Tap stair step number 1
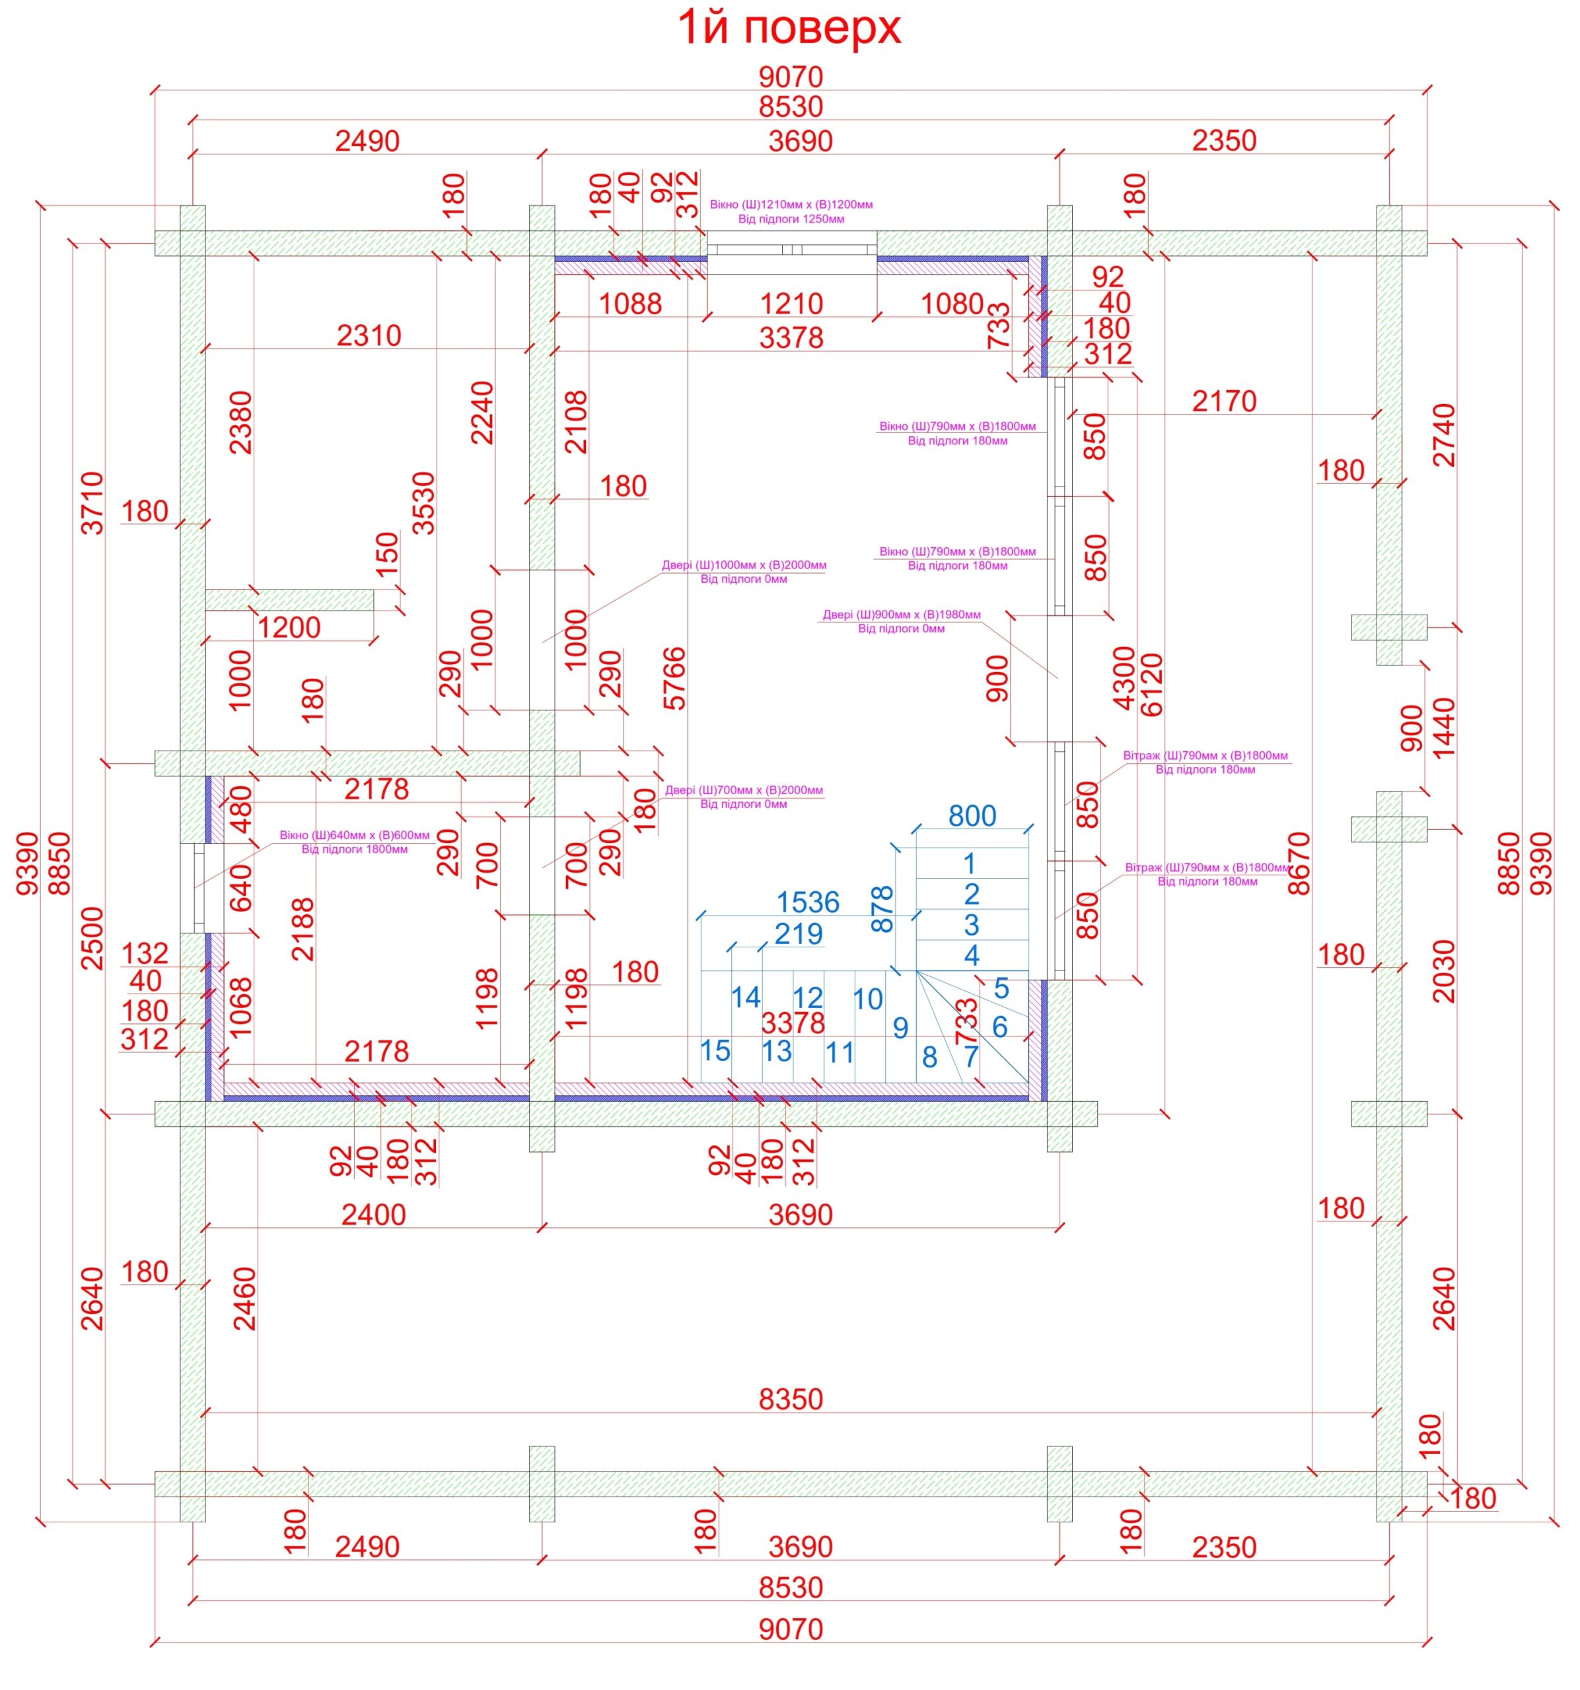(x=970, y=863)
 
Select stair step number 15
(x=715, y=1051)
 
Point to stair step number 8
(x=929, y=1058)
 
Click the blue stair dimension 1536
(x=808, y=902)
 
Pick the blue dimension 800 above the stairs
(x=972, y=816)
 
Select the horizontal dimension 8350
(x=791, y=1400)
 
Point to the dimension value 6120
(x=1151, y=685)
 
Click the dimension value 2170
(x=1224, y=401)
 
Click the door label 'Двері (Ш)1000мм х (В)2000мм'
(x=744, y=565)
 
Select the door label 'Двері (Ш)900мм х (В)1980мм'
(x=902, y=615)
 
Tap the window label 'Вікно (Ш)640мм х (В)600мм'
(x=355, y=835)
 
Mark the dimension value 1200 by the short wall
(x=289, y=627)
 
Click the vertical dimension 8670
(x=1299, y=863)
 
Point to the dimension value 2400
(x=373, y=1215)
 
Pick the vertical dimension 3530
(x=423, y=503)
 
